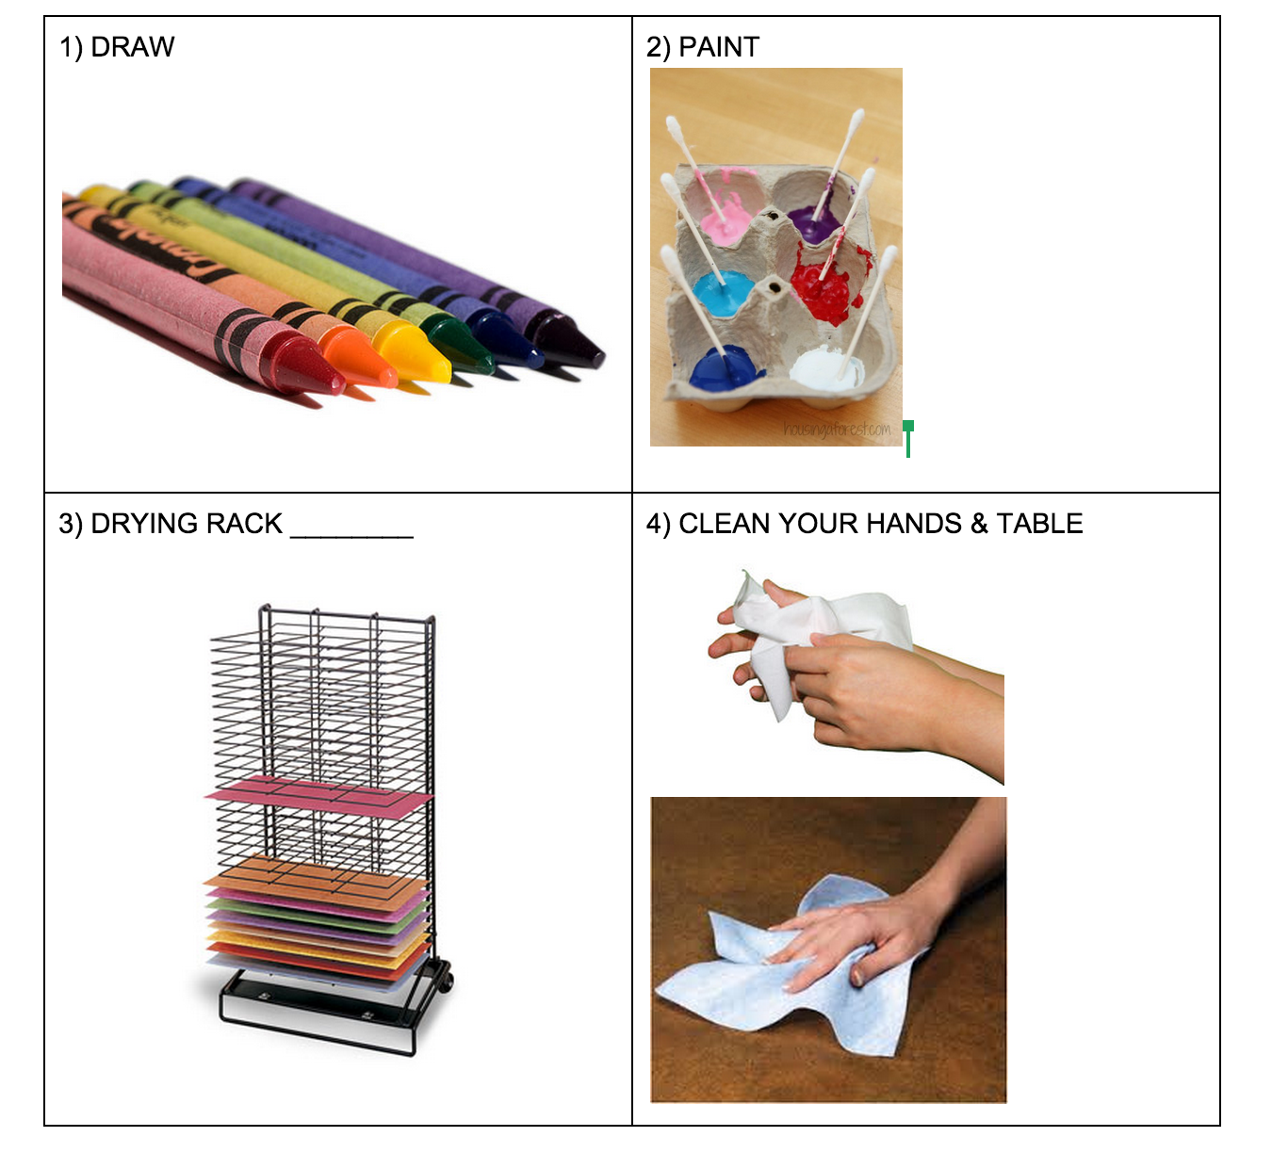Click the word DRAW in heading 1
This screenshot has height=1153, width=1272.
click(133, 47)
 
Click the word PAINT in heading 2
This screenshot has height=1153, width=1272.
click(718, 47)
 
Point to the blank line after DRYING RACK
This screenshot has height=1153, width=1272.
click(352, 537)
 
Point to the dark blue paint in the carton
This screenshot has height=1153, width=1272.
click(723, 366)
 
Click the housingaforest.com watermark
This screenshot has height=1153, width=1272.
click(837, 430)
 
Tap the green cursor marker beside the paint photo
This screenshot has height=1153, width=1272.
click(908, 438)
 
